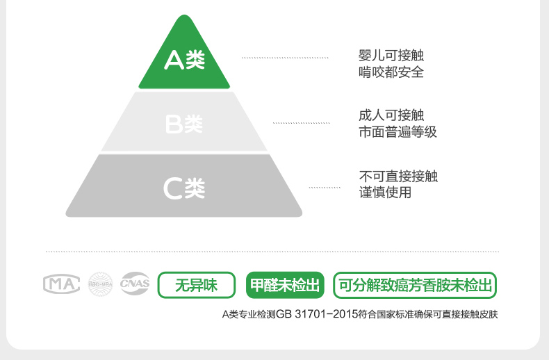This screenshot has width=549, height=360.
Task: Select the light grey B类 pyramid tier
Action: tap(184, 124)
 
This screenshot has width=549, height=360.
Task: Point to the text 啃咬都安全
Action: tap(391, 72)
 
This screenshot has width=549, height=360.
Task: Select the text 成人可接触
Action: tap(391, 115)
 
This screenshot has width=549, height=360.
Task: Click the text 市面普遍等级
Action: tap(398, 131)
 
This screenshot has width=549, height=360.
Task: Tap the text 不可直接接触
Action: tap(398, 176)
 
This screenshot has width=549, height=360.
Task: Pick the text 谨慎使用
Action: tap(385, 192)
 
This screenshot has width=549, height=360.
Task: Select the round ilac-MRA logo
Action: tap(101, 284)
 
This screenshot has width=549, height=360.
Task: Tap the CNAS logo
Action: tap(135, 284)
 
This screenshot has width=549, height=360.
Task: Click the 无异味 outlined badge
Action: tap(196, 285)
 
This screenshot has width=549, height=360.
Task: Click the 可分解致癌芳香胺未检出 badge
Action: tap(415, 285)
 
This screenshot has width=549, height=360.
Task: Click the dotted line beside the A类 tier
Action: tap(285, 58)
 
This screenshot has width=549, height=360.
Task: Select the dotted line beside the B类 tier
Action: tap(301, 123)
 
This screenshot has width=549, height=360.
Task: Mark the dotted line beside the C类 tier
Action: tap(325, 188)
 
